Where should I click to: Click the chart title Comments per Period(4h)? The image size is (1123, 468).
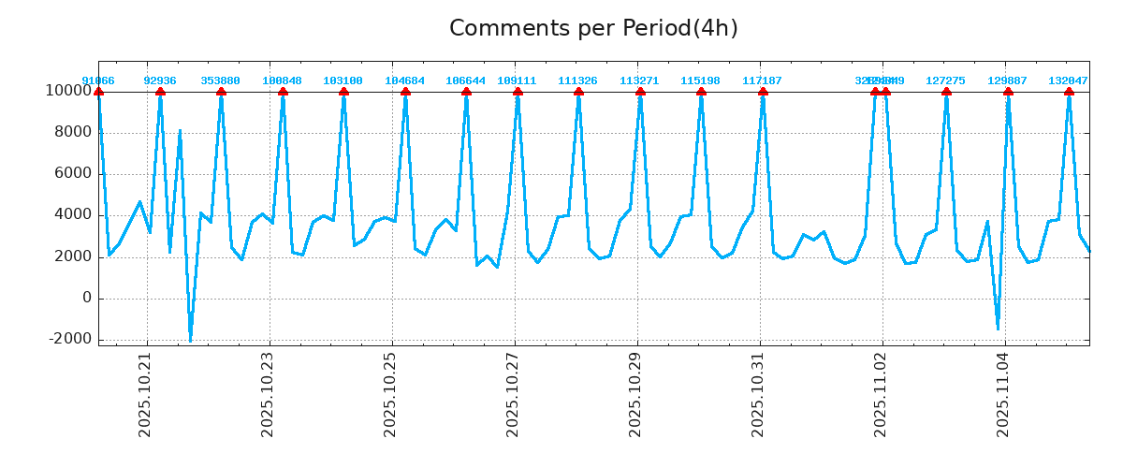[593, 28]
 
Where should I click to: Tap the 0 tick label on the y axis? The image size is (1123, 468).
[86, 298]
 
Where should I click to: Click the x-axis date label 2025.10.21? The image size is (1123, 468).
[145, 400]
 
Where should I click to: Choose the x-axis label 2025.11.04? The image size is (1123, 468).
[1004, 400]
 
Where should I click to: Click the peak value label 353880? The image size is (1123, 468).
[221, 81]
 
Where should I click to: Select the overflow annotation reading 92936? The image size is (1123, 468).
[160, 81]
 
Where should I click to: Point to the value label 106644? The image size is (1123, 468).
[466, 81]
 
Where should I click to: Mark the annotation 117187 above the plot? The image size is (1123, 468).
[763, 81]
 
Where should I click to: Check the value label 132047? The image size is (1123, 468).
[1069, 81]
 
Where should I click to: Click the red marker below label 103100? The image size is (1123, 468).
[343, 92]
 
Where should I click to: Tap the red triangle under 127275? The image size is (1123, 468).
[946, 92]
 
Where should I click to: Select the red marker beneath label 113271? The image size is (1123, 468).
[640, 92]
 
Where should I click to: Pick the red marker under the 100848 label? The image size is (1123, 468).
[283, 92]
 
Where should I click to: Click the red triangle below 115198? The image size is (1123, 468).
[701, 92]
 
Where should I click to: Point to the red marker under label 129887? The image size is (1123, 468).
[1008, 92]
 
